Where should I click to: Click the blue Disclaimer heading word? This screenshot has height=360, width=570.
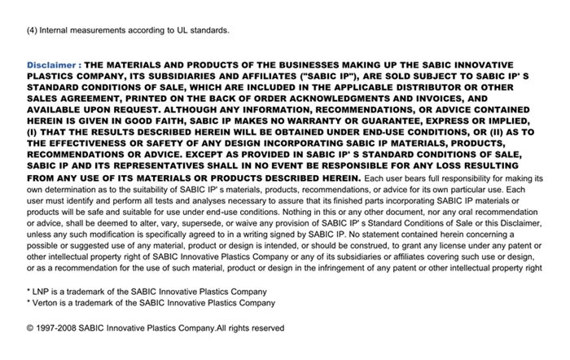tap(51, 64)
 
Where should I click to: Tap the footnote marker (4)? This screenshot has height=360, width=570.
tap(32, 31)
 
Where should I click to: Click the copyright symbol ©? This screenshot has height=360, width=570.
tap(30, 328)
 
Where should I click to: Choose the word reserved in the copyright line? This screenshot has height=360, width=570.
tap(266, 328)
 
